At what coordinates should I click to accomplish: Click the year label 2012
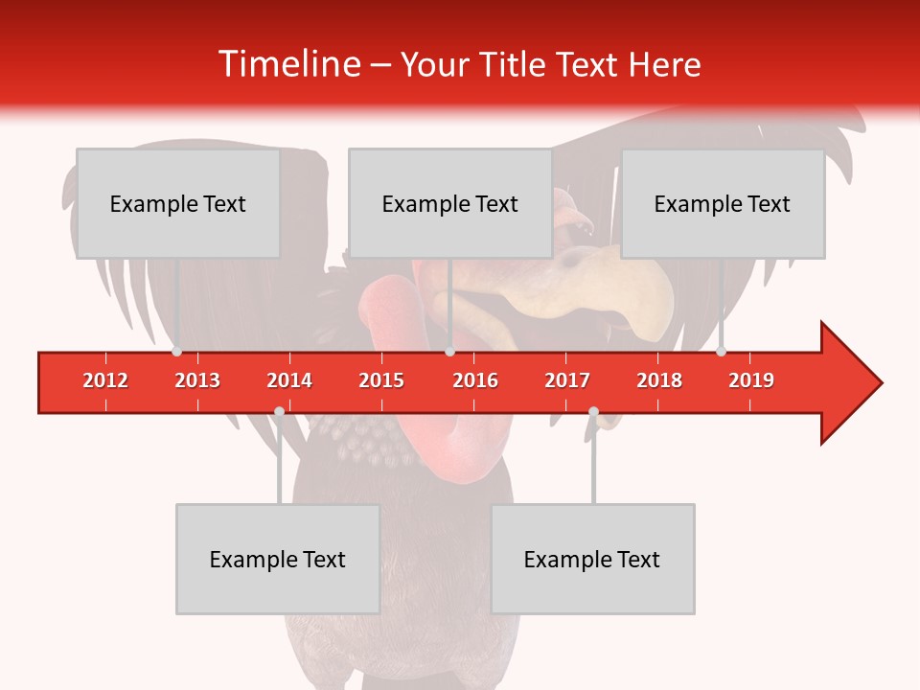[x=105, y=380]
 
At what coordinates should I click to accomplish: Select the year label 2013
[x=197, y=380]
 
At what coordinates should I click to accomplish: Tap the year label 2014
[x=289, y=380]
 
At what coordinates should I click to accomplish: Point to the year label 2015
[x=381, y=380]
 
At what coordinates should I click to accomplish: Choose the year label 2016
[x=475, y=380]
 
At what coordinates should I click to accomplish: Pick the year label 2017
[x=567, y=380]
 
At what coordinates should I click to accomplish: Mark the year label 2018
[x=659, y=380]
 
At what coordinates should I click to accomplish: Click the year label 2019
[x=751, y=380]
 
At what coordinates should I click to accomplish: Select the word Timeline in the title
[x=287, y=64]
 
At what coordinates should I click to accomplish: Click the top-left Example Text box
[x=178, y=203]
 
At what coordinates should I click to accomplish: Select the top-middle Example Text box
[x=450, y=203]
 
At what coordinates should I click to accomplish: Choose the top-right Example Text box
[x=723, y=203]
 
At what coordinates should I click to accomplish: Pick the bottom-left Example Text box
[x=278, y=559]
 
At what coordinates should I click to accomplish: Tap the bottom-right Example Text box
[x=592, y=559]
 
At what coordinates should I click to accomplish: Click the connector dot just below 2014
[x=279, y=412]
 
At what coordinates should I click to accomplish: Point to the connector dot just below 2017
[x=593, y=412]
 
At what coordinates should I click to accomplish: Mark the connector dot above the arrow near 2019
[x=721, y=351]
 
